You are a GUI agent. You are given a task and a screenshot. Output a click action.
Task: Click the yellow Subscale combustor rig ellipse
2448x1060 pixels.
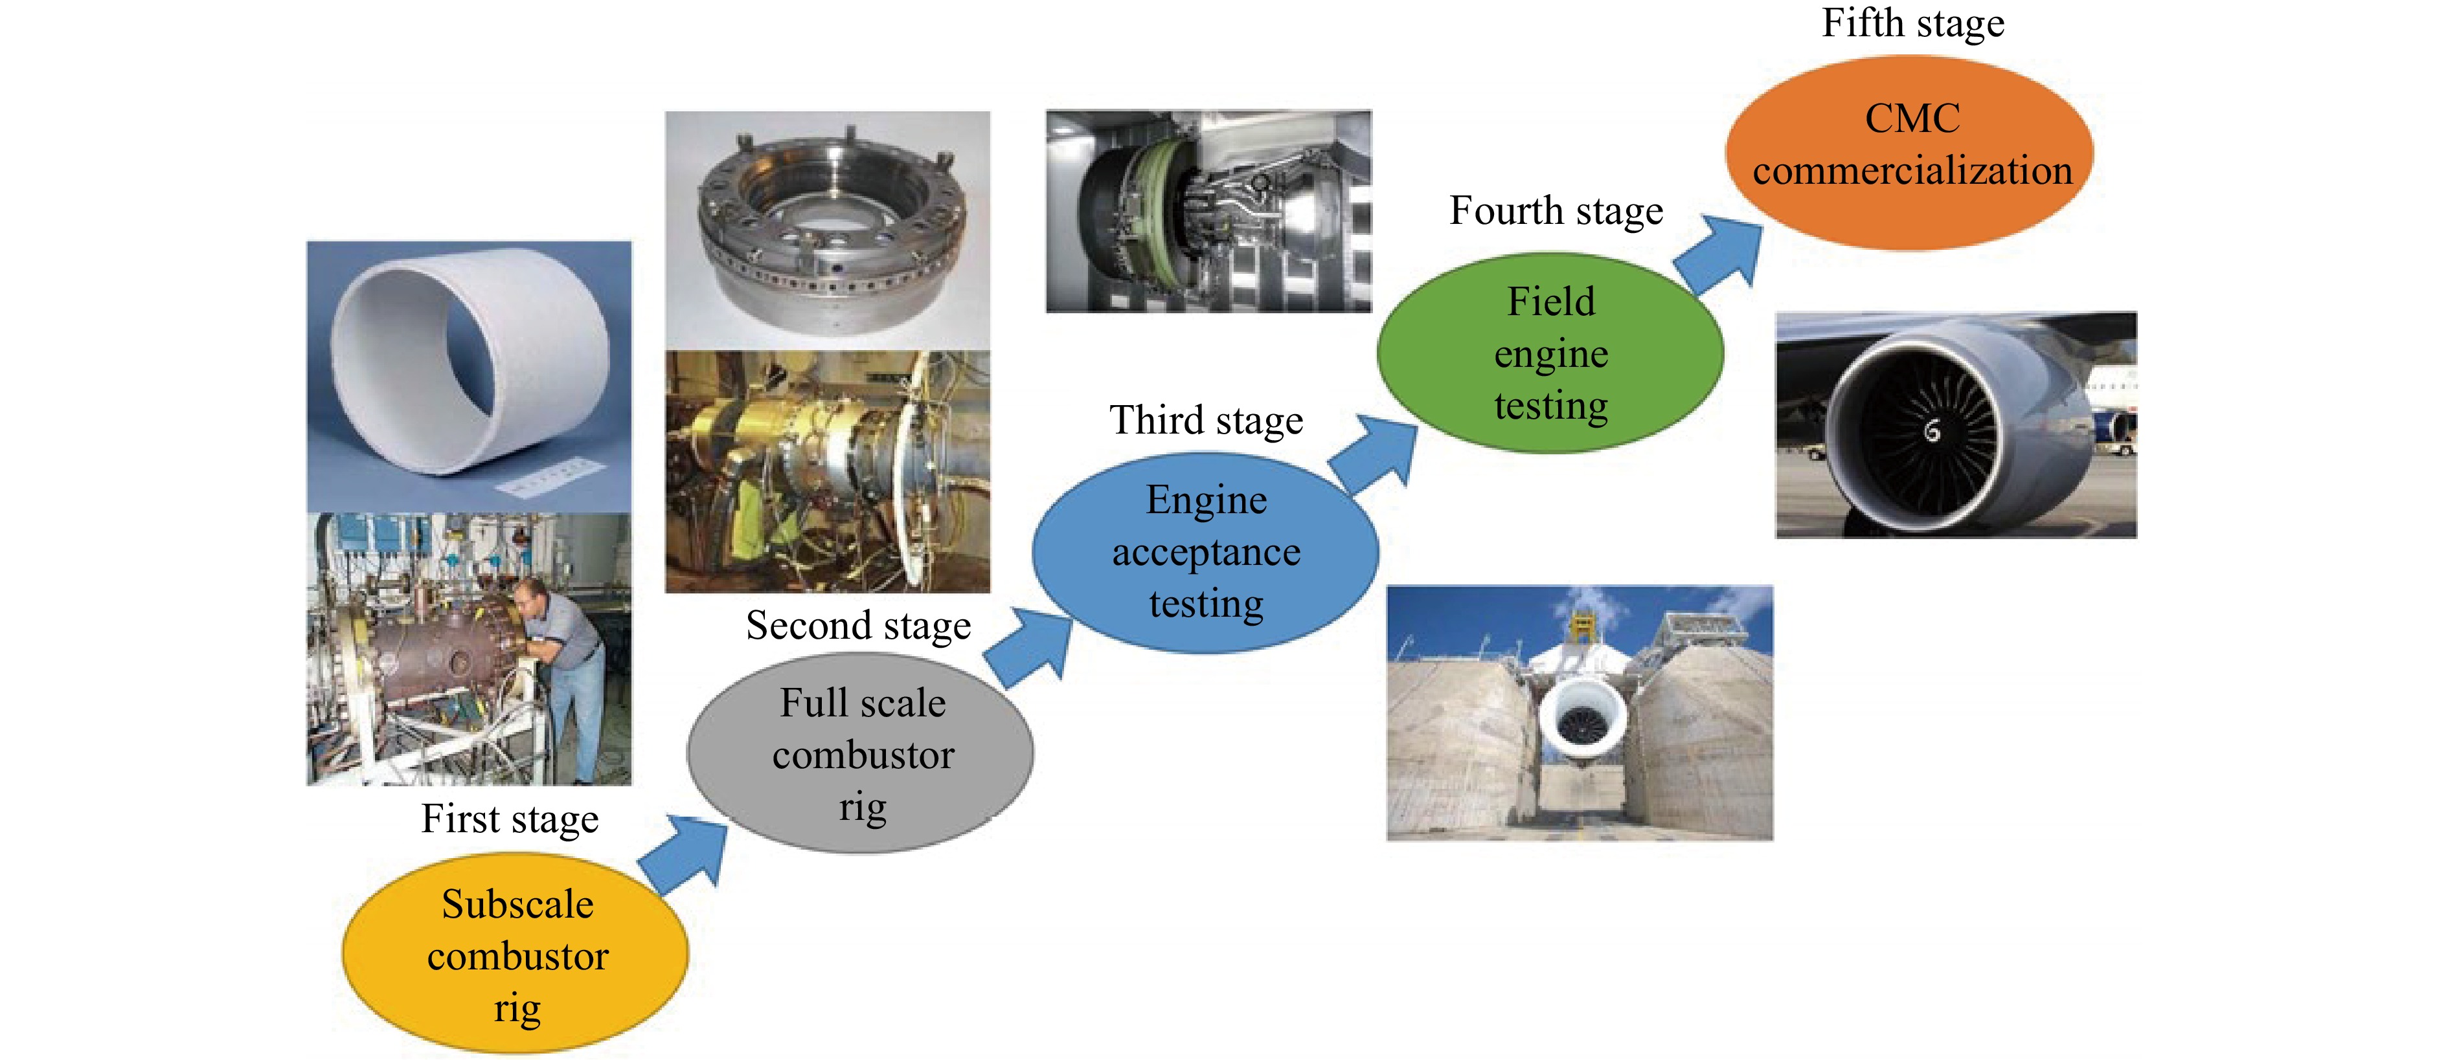click(515, 953)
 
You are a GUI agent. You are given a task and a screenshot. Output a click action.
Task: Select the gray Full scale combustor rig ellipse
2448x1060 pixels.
click(860, 752)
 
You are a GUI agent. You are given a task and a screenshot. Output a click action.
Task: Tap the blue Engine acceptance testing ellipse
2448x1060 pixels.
click(1205, 552)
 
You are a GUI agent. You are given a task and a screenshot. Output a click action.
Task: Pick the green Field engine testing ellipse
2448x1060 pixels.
click(1550, 353)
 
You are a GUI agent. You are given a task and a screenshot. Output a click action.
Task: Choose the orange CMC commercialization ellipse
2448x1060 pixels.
click(1909, 153)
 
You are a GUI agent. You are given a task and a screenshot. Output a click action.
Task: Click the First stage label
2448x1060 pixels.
click(510, 819)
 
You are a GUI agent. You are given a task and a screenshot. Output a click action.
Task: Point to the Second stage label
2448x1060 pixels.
click(858, 626)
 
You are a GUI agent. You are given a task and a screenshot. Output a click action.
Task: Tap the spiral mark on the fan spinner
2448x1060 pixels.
click(1932, 431)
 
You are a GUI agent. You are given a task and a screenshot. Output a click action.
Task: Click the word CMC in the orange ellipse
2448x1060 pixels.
click(1912, 118)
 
